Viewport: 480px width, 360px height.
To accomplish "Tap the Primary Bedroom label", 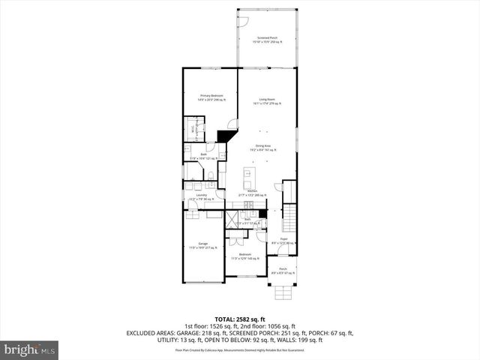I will pos(211,98).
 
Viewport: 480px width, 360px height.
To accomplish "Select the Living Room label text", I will pos(268,101).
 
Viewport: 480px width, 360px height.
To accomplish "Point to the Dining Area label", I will pos(263,148).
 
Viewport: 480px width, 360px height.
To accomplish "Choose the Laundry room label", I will pos(201,197).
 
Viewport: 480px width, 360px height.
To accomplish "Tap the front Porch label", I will pos(283,271).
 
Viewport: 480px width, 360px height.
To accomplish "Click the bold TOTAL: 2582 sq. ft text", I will pos(240,319).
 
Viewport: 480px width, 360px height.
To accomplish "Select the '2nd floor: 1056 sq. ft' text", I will pos(272,326).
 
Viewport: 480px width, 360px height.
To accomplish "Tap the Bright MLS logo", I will pos(30,349).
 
